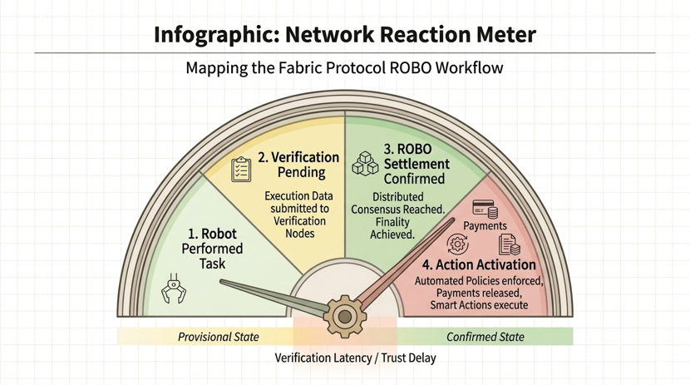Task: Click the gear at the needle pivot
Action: click(x=343, y=315)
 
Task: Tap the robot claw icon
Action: click(x=173, y=288)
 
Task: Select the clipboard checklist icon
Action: click(x=241, y=170)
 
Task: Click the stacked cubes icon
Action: click(x=365, y=163)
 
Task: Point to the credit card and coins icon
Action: click(x=485, y=209)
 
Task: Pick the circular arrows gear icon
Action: click(x=457, y=244)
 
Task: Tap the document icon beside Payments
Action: click(x=509, y=244)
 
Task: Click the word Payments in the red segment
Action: click(x=485, y=225)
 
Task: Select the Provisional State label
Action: click(x=218, y=337)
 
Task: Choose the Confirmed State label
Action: click(x=485, y=337)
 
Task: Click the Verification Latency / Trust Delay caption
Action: click(x=355, y=358)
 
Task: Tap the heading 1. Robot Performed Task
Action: click(x=212, y=249)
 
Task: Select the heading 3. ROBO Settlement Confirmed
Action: click(x=416, y=164)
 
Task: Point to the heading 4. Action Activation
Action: click(x=478, y=265)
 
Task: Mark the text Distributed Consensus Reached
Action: click(x=397, y=203)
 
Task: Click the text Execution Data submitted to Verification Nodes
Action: click(x=299, y=215)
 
